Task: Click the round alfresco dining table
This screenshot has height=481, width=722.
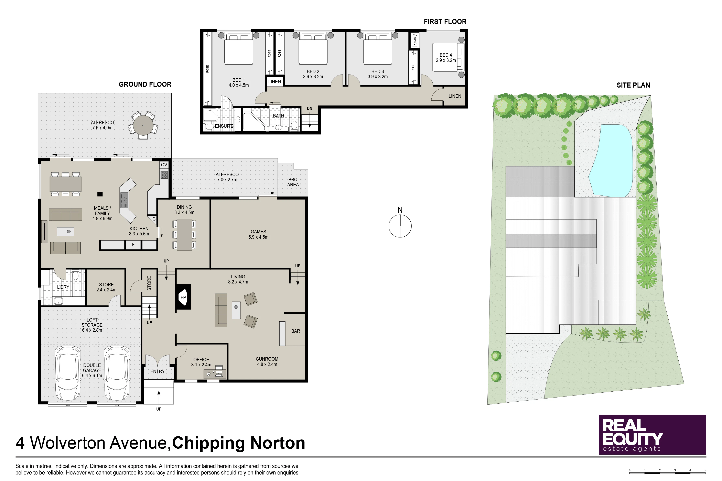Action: click(143, 125)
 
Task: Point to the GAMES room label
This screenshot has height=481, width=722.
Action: click(258, 232)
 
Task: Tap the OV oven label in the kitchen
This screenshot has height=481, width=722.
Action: click(164, 165)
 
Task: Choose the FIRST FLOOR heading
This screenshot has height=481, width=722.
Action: click(445, 21)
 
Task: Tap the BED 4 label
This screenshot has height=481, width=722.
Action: click(446, 55)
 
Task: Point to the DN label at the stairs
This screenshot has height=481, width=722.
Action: click(309, 108)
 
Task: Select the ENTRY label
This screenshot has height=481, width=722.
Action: click(158, 371)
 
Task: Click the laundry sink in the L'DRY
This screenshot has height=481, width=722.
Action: click(58, 301)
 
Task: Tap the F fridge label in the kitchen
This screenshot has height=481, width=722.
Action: click(133, 245)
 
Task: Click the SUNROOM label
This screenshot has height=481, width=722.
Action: click(267, 359)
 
